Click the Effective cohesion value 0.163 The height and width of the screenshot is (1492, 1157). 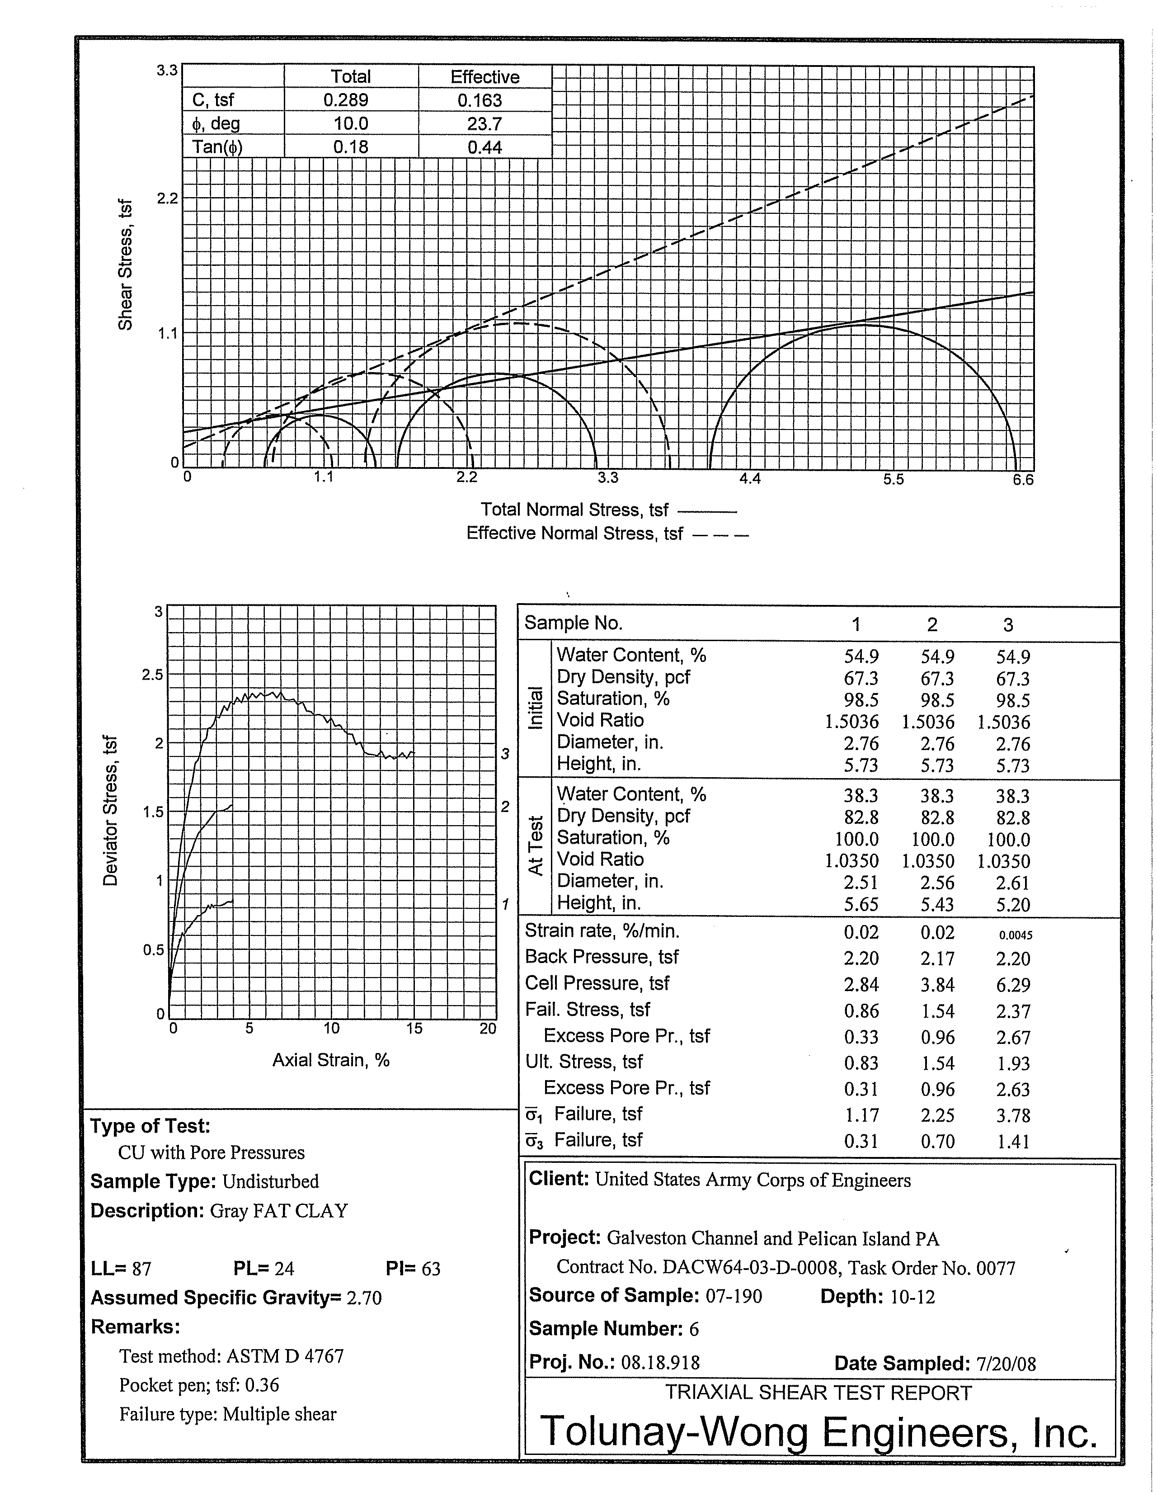(x=480, y=100)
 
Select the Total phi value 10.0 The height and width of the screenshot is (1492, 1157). (x=350, y=123)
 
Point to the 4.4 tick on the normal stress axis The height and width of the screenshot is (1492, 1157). (x=750, y=479)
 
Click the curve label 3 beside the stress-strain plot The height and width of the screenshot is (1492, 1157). (x=505, y=754)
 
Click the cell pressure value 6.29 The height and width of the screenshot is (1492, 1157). (x=1013, y=985)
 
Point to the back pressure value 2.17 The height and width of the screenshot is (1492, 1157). (x=937, y=958)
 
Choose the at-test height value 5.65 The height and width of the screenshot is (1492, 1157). (x=861, y=905)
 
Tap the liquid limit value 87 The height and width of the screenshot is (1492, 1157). (x=141, y=1269)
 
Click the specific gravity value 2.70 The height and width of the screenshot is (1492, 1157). (x=364, y=1298)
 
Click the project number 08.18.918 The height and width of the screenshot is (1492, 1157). (x=660, y=1363)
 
